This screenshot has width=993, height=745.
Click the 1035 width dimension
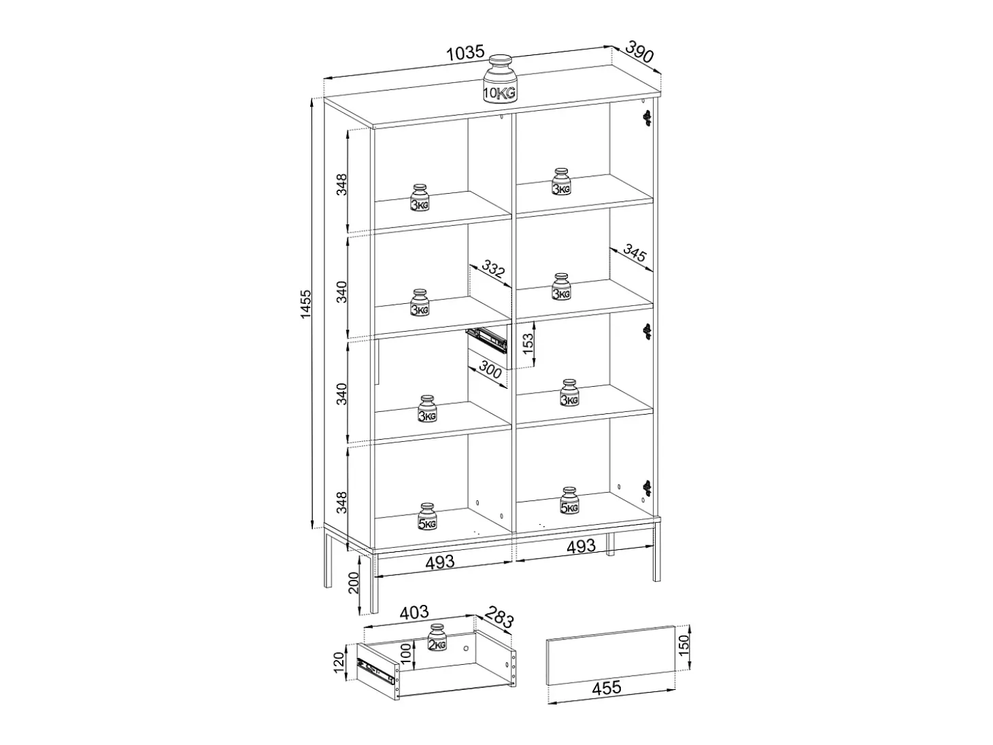pyautogui.click(x=465, y=53)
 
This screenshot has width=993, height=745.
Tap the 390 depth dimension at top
pyautogui.click(x=640, y=52)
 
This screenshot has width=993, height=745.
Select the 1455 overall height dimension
pyautogui.click(x=306, y=304)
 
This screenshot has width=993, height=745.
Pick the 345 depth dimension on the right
pyautogui.click(x=635, y=253)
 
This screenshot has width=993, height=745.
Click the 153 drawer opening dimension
pyautogui.click(x=528, y=344)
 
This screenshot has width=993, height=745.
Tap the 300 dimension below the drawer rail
pyautogui.click(x=490, y=370)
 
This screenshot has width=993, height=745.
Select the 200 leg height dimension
pyautogui.click(x=354, y=583)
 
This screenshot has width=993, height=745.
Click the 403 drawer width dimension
pyautogui.click(x=414, y=612)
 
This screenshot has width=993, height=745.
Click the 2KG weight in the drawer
pyautogui.click(x=437, y=638)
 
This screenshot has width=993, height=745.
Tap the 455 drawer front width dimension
pyautogui.click(x=607, y=688)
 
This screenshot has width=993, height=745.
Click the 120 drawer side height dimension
pyautogui.click(x=339, y=663)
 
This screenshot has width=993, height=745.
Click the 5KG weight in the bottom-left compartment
pyautogui.click(x=427, y=516)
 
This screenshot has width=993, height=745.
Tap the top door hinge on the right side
pyautogui.click(x=647, y=118)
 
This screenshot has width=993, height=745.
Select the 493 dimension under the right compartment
pyautogui.click(x=582, y=547)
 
